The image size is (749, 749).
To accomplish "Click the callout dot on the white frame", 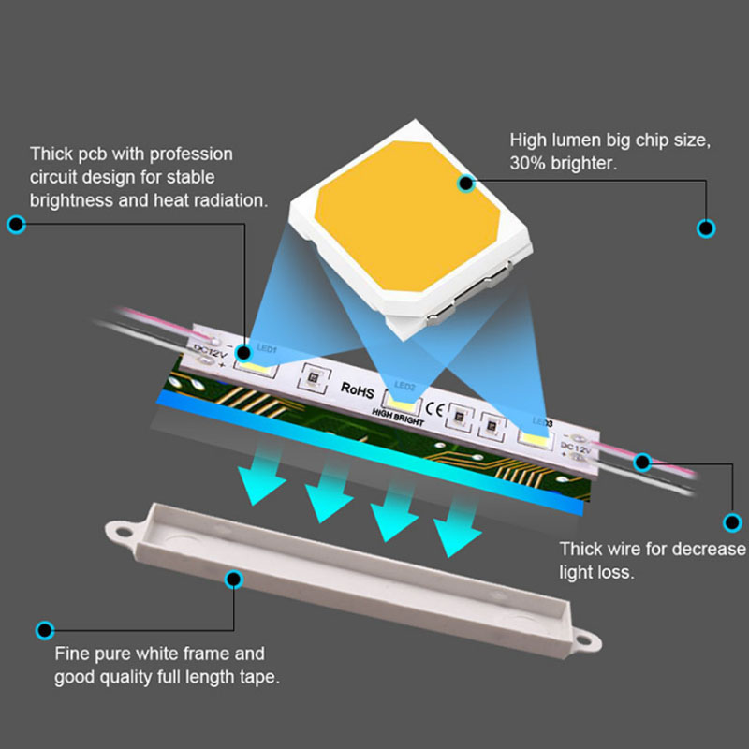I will pyautogui.click(x=234, y=580).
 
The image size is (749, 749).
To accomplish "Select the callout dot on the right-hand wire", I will pyautogui.click(x=642, y=461).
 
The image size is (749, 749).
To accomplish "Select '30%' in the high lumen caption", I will pyautogui.click(x=529, y=162).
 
